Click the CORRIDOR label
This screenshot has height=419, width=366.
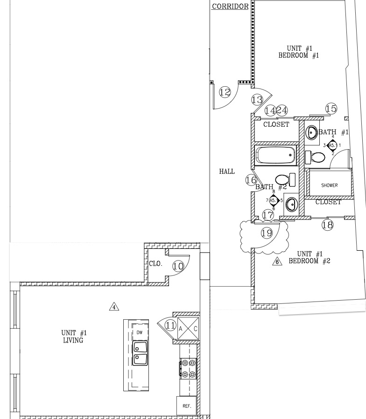(230, 6)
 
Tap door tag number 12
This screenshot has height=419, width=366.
(225, 92)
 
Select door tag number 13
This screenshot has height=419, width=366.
(257, 100)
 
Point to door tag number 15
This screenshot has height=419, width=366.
(331, 109)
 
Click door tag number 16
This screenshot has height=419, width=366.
(251, 180)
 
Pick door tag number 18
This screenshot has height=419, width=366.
(327, 225)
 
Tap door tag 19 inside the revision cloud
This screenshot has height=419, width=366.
(267, 233)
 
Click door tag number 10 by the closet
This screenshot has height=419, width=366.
(178, 266)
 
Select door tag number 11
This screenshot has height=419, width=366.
(170, 325)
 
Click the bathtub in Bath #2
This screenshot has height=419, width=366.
(275, 155)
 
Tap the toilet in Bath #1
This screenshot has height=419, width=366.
(315, 158)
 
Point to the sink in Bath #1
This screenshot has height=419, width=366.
(312, 132)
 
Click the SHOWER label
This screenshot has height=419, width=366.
(329, 185)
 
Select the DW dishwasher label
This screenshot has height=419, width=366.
(140, 332)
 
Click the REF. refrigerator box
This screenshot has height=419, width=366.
(187, 405)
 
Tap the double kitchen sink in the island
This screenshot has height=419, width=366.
(140, 353)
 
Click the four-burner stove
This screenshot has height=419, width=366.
(188, 369)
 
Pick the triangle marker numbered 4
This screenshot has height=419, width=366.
(114, 307)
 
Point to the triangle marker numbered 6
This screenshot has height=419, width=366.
(277, 261)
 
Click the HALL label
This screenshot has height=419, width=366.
(227, 172)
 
